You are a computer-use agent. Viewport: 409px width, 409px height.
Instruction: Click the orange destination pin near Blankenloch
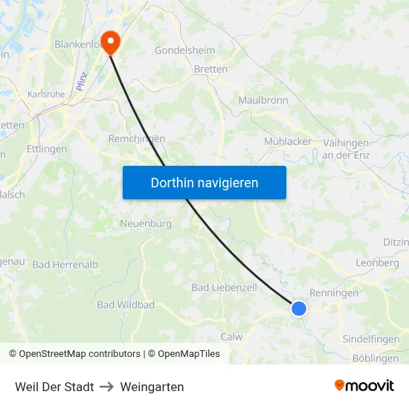pyautogui.click(x=111, y=42)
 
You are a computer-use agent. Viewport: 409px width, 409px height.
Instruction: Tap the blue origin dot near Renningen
pyautogui.click(x=298, y=308)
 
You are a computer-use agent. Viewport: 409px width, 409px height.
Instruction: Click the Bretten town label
pyautogui.click(x=210, y=69)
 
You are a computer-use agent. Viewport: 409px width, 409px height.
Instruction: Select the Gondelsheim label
pyautogui.click(x=184, y=51)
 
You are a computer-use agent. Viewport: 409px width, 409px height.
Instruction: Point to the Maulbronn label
pyautogui.click(x=263, y=100)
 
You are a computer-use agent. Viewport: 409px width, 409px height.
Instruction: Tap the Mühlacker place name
pyautogui.click(x=288, y=141)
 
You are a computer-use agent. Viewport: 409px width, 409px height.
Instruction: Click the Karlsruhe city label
pyautogui.click(x=46, y=94)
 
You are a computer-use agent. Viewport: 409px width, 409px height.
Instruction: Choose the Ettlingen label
pyautogui.click(x=46, y=149)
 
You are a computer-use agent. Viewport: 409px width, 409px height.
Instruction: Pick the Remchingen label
pyautogui.click(x=137, y=139)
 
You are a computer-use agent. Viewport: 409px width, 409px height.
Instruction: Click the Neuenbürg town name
pyautogui.click(x=146, y=223)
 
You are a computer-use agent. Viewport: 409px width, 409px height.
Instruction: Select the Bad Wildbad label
pyautogui.click(x=126, y=305)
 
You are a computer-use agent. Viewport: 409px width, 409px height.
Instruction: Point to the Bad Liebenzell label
pyautogui.click(x=224, y=287)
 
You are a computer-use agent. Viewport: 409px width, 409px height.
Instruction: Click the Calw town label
pyautogui.click(x=231, y=337)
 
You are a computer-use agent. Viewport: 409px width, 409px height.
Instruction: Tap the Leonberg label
pyautogui.click(x=377, y=263)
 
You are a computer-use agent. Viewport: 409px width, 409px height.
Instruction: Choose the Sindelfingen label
pyautogui.click(x=370, y=339)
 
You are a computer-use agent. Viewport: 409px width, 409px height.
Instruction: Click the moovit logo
pyautogui.click(x=364, y=385)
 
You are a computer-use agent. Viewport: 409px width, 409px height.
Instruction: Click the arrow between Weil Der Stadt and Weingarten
pyautogui.click(x=107, y=387)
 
